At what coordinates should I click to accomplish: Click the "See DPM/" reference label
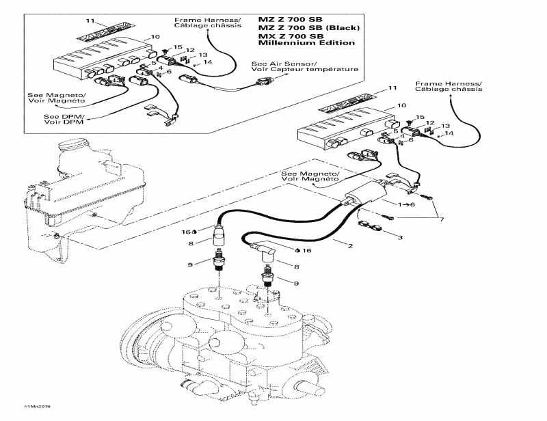click(59, 116)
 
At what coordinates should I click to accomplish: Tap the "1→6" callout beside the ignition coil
click(407, 205)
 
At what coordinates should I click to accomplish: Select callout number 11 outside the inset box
click(392, 89)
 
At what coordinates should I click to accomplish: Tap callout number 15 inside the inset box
click(178, 46)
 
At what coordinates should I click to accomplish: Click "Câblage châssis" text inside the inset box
click(208, 25)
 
